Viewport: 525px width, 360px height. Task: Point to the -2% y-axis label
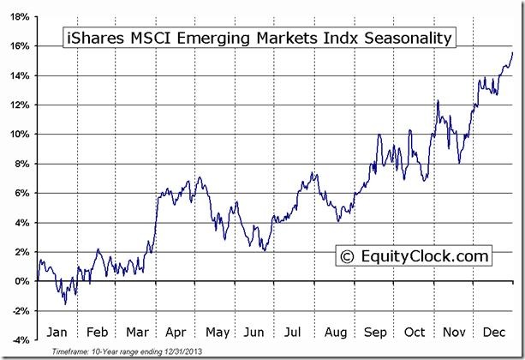tap(21, 310)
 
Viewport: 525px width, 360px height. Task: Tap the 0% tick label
tap(23, 281)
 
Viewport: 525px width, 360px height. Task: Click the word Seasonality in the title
tap(402, 39)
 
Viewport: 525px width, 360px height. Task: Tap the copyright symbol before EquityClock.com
tap(348, 256)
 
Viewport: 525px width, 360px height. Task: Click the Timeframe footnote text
tap(115, 352)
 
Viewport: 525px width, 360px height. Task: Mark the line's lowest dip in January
tap(64, 303)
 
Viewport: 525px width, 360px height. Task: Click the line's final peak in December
tap(512, 52)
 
